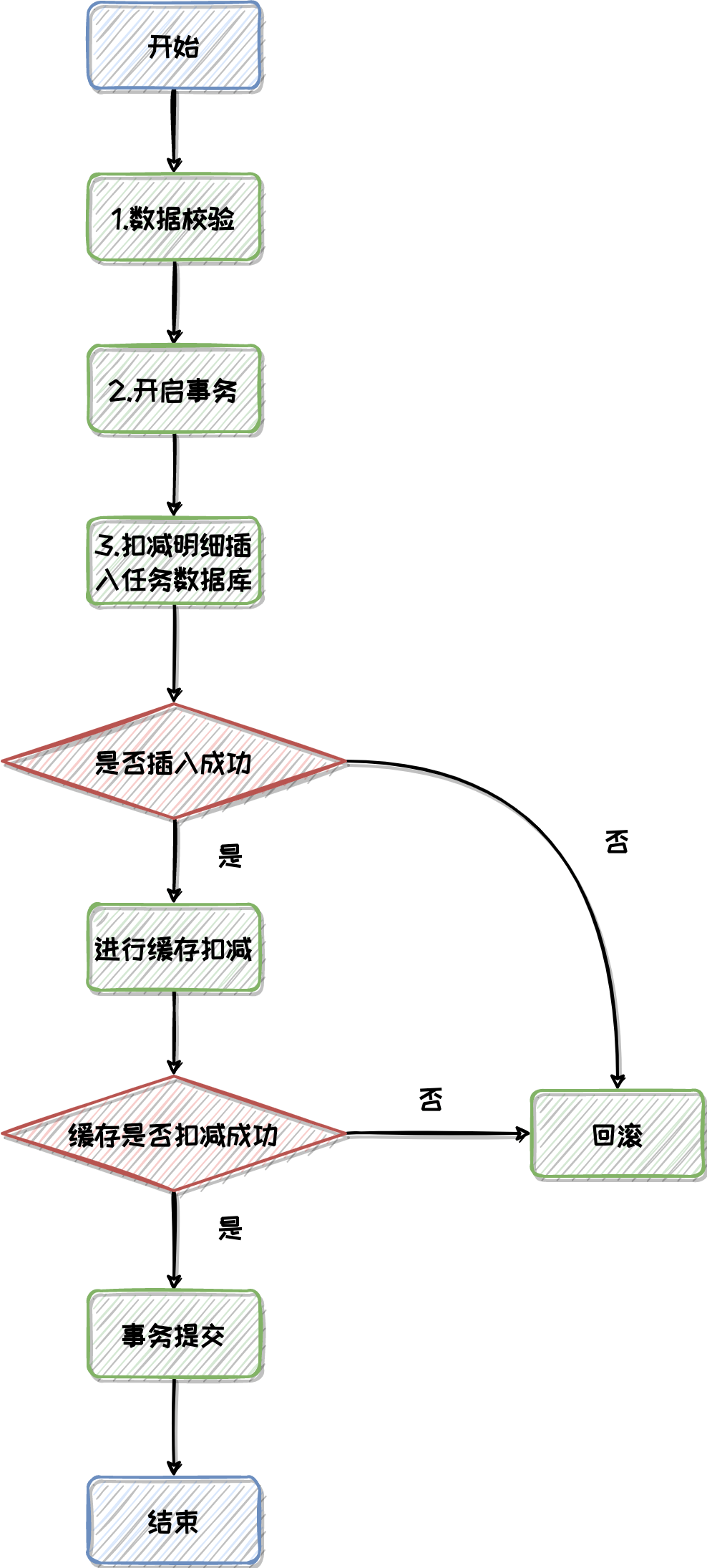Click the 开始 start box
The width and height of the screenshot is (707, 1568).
[174, 47]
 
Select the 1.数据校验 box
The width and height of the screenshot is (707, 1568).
[174, 218]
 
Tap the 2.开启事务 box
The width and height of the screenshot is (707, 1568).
[174, 390]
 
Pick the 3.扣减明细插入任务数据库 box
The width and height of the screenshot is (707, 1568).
[174, 562]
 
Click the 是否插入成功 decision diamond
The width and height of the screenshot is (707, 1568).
[174, 762]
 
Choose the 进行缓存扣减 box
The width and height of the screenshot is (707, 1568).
[174, 949]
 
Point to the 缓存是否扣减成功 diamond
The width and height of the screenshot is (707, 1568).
[174, 1134]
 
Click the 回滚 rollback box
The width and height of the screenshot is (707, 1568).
[618, 1134]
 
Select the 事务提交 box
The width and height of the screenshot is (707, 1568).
[174, 1335]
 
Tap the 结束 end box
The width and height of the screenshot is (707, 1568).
[174, 1521]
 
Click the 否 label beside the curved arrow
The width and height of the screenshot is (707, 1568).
[617, 842]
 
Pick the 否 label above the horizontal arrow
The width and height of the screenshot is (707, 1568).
[431, 1099]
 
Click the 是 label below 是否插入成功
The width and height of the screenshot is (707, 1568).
[230, 856]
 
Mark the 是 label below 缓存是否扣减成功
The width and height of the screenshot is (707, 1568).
[230, 1228]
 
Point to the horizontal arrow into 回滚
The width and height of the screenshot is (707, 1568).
[437, 1133]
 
